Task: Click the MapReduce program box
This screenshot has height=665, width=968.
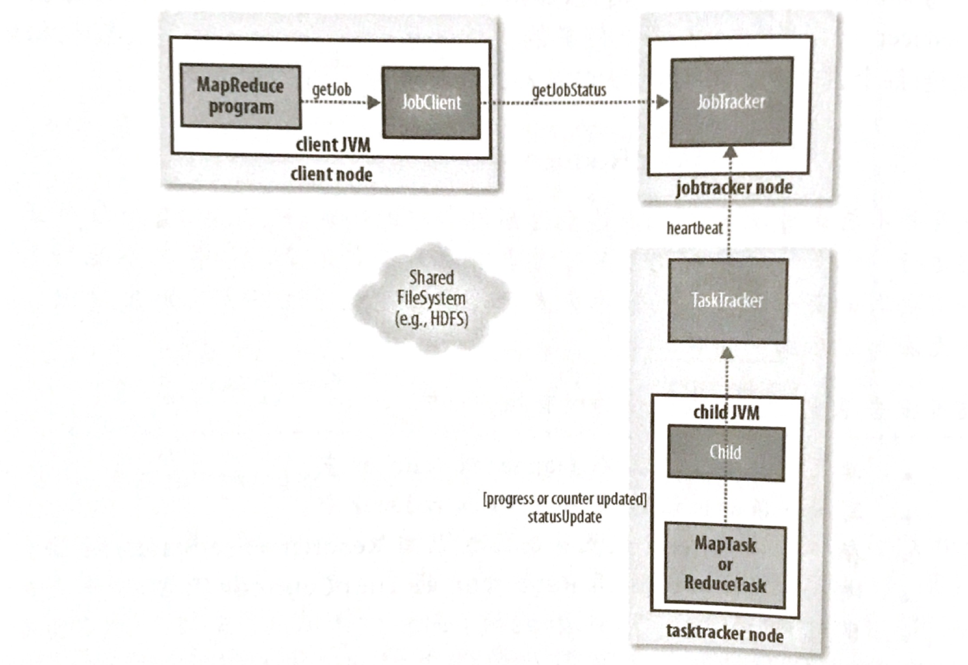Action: [x=240, y=96]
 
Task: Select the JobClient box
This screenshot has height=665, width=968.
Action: [x=431, y=102]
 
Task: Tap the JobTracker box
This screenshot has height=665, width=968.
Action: [x=731, y=101]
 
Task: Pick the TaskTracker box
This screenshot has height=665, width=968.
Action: [x=727, y=301]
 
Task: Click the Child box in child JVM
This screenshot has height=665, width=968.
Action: [x=726, y=452]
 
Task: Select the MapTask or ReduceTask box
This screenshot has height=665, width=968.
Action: [x=725, y=565]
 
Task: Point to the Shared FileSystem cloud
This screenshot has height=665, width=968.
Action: [x=431, y=298]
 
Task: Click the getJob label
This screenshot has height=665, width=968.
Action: [x=331, y=89]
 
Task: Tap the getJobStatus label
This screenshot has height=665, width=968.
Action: [x=569, y=90]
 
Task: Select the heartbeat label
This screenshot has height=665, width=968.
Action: [x=694, y=228]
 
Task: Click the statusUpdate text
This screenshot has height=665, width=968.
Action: [x=564, y=517]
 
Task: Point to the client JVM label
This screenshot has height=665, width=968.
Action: [x=333, y=145]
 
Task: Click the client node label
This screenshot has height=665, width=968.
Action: [x=331, y=174]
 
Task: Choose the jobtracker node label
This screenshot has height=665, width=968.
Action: [x=734, y=188]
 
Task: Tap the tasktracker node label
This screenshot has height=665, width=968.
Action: [x=724, y=634]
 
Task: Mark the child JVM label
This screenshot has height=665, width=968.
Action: [x=726, y=413]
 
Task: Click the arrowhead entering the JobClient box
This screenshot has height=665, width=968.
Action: [x=373, y=102]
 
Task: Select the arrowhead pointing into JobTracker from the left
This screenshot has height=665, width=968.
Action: [x=662, y=102]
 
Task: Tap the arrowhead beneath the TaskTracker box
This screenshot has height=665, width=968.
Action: [x=727, y=353]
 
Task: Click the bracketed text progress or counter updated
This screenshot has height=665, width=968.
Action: [x=564, y=499]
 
